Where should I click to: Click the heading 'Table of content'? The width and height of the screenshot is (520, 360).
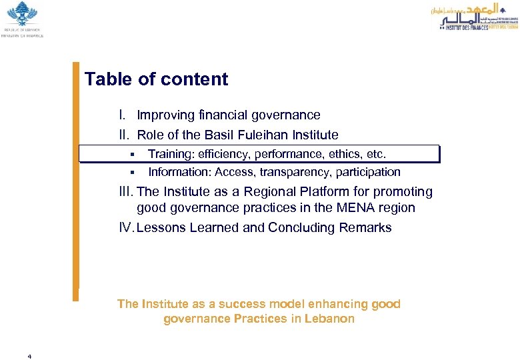pos(156,79)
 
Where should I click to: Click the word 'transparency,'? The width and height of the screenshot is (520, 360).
pos(291,172)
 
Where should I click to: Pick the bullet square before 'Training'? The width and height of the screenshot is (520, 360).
pos(133,155)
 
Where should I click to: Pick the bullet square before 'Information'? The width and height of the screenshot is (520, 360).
pos(133,173)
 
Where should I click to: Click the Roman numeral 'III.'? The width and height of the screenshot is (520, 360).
pos(126,192)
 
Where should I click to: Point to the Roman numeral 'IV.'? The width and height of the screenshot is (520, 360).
pos(126,228)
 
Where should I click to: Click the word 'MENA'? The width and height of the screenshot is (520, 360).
pos(350,208)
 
